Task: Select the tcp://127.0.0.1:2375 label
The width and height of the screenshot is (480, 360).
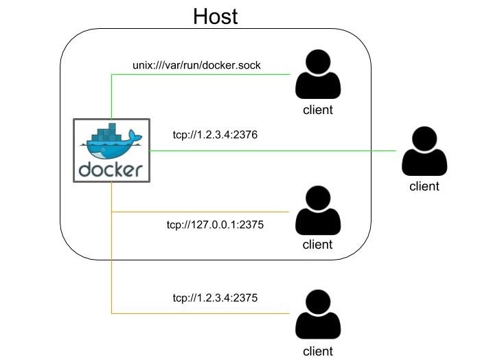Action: tap(215, 225)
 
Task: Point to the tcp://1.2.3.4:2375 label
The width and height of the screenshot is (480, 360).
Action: tap(215, 298)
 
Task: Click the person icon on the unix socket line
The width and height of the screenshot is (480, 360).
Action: tap(318, 76)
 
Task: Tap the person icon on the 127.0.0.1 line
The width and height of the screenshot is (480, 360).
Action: tap(318, 210)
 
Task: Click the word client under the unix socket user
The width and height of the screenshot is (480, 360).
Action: tap(318, 110)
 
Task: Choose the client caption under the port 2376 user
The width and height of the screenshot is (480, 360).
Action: tap(424, 186)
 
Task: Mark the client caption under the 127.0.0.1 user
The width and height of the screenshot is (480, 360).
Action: tap(318, 245)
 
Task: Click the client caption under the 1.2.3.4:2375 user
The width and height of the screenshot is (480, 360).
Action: tap(318, 351)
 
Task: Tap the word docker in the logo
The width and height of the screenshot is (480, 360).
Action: tap(111, 169)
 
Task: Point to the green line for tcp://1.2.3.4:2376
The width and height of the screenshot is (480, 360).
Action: tap(275, 150)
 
